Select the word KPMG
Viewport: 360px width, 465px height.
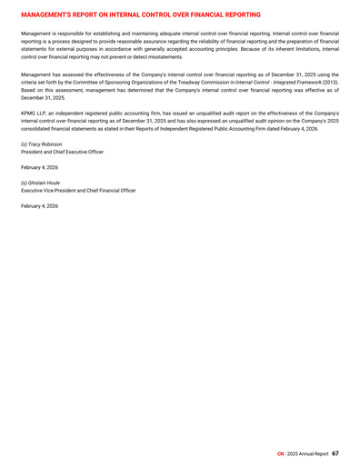pos(28,113)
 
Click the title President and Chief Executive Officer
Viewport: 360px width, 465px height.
pos(62,152)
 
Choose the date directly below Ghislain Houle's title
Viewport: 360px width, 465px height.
pos(39,206)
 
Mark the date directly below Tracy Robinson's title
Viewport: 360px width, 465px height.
pos(39,167)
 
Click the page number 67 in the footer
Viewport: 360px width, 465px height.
pos(335,452)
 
